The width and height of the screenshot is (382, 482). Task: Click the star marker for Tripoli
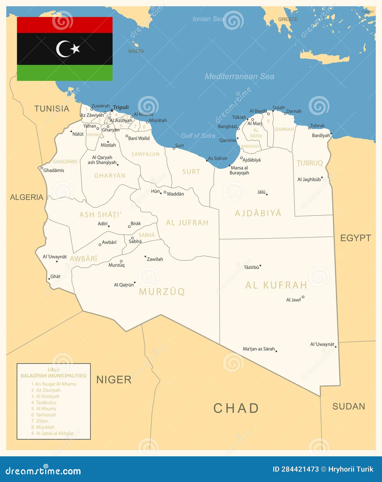[112, 111]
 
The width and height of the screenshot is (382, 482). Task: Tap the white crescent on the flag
[62, 49]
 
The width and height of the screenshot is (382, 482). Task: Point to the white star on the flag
[75, 49]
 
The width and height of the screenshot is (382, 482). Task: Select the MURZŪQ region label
[162, 291]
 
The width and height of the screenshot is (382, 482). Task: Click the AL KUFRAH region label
[276, 285]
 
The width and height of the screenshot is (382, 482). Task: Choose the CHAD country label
[236, 408]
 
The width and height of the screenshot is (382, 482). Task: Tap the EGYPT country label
[356, 238]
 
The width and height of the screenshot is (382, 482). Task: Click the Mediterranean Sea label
[239, 76]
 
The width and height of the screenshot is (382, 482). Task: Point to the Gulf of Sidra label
[198, 136]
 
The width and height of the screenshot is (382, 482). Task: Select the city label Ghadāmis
[54, 170]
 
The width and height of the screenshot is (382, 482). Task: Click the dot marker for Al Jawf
[303, 297]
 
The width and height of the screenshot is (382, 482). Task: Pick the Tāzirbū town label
[251, 267]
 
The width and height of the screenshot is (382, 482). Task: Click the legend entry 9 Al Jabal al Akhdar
[52, 433]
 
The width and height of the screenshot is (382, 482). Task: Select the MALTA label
[136, 51]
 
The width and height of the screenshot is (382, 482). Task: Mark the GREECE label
[288, 19]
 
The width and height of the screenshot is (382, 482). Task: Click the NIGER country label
[114, 380]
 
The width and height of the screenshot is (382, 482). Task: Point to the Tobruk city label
[317, 125]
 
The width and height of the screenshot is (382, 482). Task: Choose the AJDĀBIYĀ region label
[258, 213]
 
